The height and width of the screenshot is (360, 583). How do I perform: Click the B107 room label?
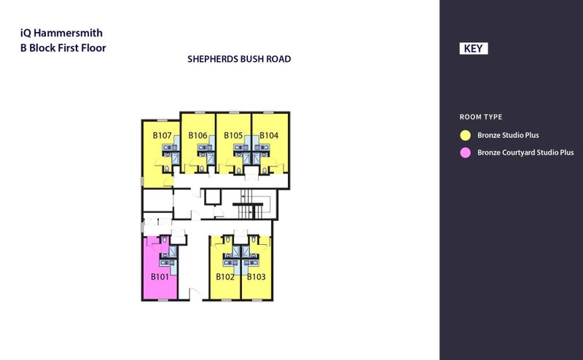162,136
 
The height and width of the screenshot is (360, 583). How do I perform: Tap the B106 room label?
198,136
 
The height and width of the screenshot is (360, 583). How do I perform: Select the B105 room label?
233,136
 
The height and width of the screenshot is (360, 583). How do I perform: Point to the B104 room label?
269,136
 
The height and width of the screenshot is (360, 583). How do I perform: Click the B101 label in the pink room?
160,277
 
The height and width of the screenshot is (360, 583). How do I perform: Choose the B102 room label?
224,277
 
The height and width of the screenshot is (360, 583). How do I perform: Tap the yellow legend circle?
463,136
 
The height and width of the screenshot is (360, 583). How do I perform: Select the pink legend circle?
463,153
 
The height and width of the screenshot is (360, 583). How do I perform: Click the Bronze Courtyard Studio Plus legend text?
525,153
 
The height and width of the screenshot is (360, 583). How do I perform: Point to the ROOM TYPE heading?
481,117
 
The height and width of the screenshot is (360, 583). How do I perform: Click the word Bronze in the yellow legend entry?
490,136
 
